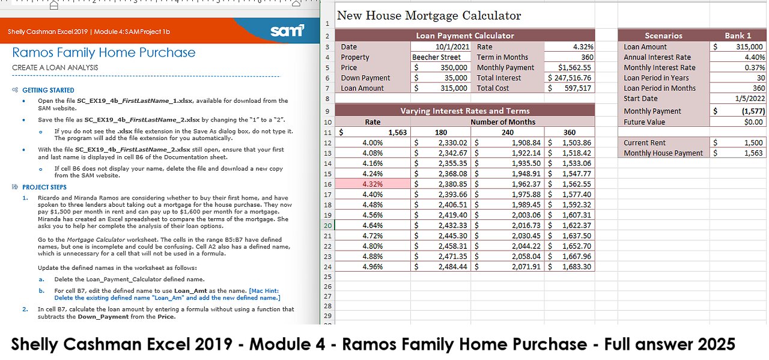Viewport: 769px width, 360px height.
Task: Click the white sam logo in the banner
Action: tap(287, 31)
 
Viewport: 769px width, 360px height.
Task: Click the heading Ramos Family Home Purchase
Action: tap(104, 52)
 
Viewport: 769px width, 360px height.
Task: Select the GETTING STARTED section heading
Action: tap(48, 90)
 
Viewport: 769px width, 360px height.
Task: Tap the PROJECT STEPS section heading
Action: tap(44, 188)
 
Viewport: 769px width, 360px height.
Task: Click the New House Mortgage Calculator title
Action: tap(429, 16)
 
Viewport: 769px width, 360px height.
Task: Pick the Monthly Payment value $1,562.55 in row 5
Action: tap(574, 67)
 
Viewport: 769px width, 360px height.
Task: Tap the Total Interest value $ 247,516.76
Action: tap(570, 78)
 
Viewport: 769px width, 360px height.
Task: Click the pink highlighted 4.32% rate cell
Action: tap(372, 184)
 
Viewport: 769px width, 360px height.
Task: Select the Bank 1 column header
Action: tap(738, 35)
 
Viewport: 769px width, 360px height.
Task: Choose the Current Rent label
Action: tap(645, 142)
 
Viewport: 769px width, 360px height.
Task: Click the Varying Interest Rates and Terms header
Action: tap(465, 111)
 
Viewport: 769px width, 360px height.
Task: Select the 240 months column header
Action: tap(508, 132)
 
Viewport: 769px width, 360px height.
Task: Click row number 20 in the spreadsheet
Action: tap(327, 225)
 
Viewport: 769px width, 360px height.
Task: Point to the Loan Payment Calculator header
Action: tap(465, 35)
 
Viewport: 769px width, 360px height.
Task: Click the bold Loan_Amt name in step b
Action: tap(190, 291)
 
